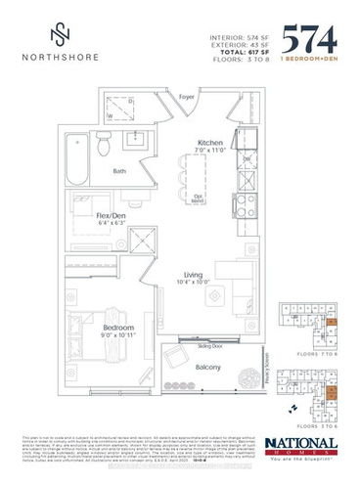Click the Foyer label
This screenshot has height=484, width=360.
coord(188,96)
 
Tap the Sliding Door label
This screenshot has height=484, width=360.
coord(199,346)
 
